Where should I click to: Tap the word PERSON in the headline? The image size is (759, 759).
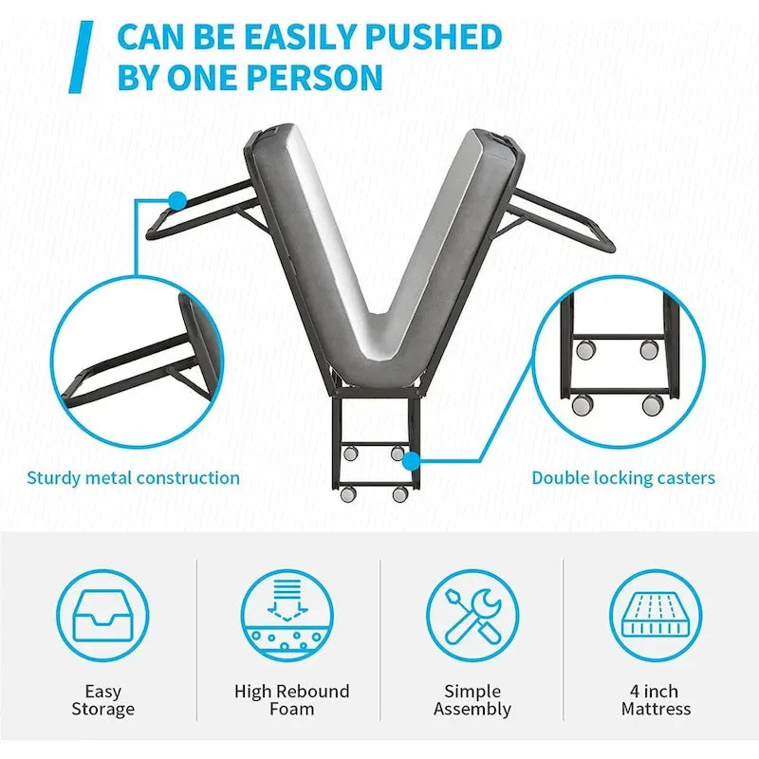click(x=316, y=77)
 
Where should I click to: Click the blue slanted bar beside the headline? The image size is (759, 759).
click(x=81, y=57)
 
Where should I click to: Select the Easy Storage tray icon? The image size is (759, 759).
click(x=102, y=616)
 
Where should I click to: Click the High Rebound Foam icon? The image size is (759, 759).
click(x=287, y=616)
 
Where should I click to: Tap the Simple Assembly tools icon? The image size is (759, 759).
click(x=472, y=616)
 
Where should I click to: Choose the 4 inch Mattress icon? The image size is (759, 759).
click(x=656, y=616)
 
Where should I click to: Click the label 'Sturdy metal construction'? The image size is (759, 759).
click(x=133, y=478)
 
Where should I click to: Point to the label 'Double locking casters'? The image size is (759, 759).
click(x=623, y=478)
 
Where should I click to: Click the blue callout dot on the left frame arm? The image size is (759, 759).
click(x=177, y=200)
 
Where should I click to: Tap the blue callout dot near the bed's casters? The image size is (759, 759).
click(x=412, y=461)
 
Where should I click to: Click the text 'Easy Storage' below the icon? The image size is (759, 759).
click(x=102, y=700)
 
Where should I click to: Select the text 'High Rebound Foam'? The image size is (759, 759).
click(x=292, y=700)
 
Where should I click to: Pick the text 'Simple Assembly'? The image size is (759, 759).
click(x=472, y=700)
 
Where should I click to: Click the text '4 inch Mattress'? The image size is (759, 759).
click(x=656, y=700)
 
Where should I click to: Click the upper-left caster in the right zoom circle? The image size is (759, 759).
click(x=585, y=348)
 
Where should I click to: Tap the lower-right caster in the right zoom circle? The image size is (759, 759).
click(x=654, y=404)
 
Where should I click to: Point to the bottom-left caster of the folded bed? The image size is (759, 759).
click(x=348, y=493)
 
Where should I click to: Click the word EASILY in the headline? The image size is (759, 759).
click(x=296, y=37)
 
